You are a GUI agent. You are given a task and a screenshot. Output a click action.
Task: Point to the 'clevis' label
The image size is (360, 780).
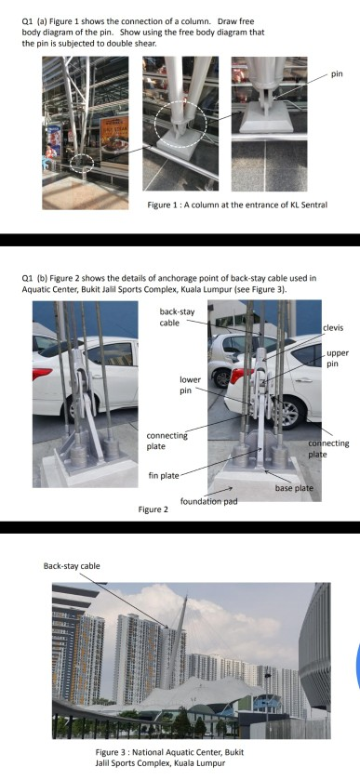[x=332, y=328]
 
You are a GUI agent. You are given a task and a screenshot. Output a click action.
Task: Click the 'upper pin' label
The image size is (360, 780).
[x=337, y=359]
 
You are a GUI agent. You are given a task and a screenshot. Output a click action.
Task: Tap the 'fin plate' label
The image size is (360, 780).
[x=164, y=475]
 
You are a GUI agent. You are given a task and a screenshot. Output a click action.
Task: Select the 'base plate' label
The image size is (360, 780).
[x=294, y=487]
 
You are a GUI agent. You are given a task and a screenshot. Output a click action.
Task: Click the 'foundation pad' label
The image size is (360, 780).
[x=206, y=501]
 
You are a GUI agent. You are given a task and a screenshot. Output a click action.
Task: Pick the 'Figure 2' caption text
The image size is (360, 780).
[x=153, y=509]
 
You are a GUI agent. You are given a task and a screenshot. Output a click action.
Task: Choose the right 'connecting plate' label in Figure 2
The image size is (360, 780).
[x=328, y=449]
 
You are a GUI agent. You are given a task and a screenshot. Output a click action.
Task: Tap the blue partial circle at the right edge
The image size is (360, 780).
[x=355, y=660]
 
